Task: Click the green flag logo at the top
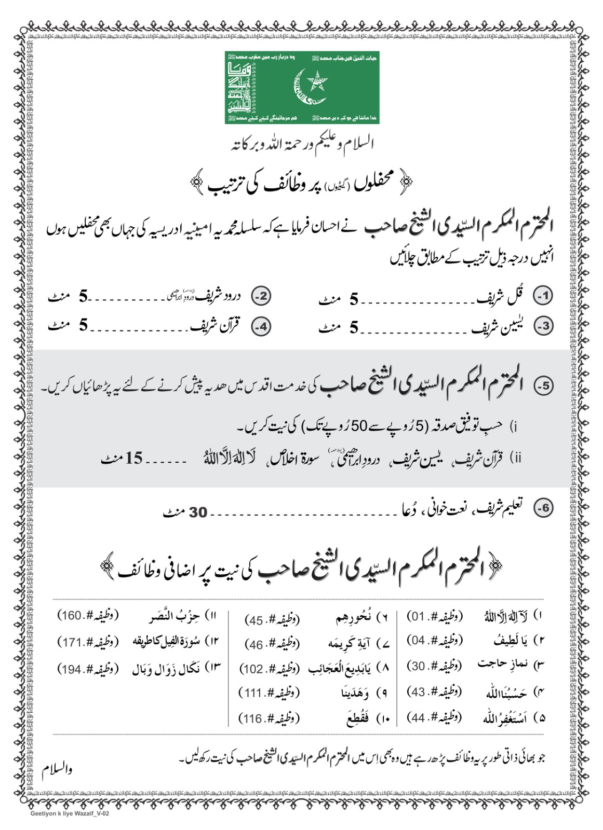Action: coord(302,87)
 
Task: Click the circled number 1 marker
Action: coord(544,296)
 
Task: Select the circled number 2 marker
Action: coord(261,296)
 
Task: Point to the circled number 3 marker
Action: coord(544,326)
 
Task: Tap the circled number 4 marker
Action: coord(261,326)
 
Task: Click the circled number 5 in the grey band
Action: coord(544,386)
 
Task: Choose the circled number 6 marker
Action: coord(544,508)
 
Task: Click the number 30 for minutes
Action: coord(197,513)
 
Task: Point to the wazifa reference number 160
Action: coord(71,616)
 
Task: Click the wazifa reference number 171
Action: coord(71,642)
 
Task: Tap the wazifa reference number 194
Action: coord(71,669)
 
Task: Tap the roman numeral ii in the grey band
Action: coord(517,458)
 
